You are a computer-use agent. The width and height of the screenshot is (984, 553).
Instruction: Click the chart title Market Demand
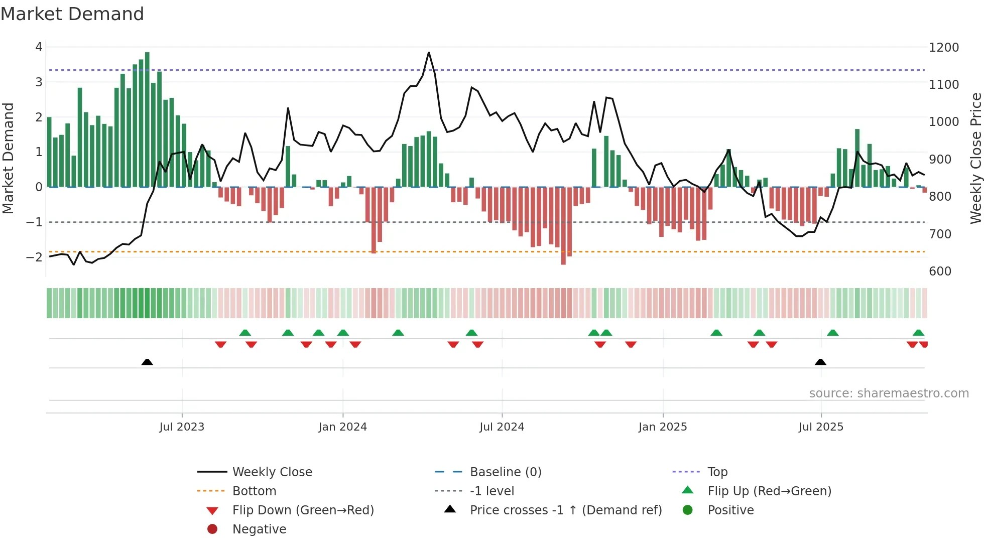(x=72, y=14)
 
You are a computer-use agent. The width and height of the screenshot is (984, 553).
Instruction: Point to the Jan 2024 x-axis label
(x=342, y=427)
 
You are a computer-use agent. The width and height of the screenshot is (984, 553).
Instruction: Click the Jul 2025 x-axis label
(x=821, y=427)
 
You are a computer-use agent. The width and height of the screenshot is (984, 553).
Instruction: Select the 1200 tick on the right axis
(x=944, y=47)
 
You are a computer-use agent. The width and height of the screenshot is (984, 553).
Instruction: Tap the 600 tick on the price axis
(x=940, y=271)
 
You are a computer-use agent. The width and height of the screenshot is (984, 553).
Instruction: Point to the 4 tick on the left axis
(x=39, y=47)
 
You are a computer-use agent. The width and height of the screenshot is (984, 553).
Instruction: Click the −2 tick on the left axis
(x=35, y=257)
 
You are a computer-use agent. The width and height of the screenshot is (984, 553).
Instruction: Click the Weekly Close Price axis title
(x=975, y=158)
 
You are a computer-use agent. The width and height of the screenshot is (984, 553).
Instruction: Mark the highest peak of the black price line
(x=429, y=52)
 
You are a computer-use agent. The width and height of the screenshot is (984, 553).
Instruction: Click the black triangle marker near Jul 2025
(x=820, y=362)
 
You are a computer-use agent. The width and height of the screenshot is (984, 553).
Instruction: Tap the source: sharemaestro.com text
(x=889, y=393)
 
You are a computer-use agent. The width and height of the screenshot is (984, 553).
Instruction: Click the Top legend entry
(x=717, y=472)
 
